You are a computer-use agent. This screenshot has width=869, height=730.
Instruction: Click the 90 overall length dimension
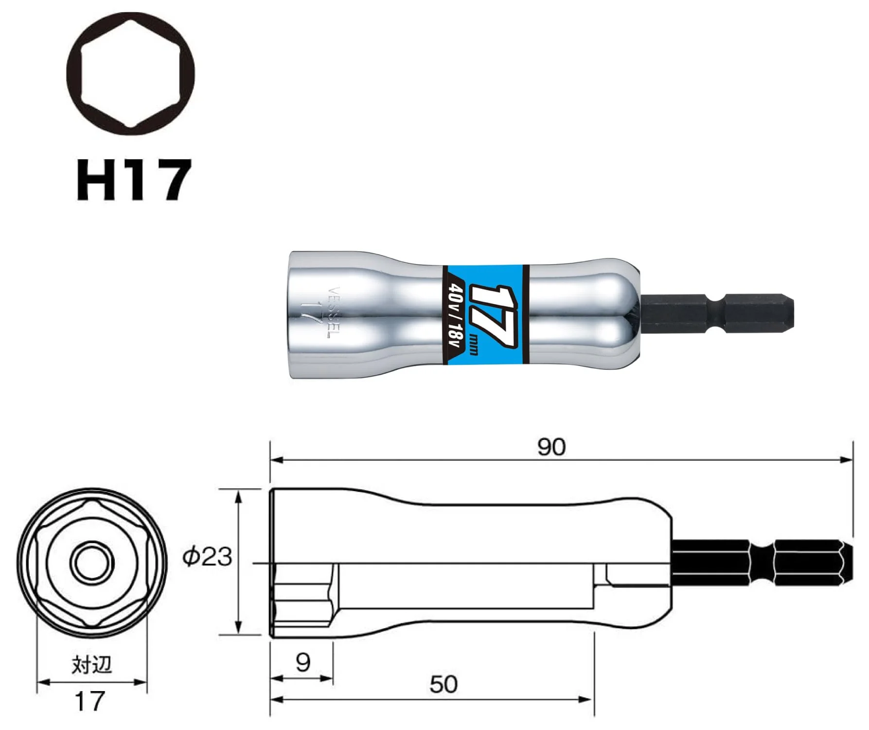click(x=551, y=447)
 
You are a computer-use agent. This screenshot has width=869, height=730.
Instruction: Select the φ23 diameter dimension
click(x=207, y=556)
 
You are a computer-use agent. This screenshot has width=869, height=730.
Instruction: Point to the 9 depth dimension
click(x=303, y=662)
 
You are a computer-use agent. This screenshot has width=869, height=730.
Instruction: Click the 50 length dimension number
click(x=443, y=684)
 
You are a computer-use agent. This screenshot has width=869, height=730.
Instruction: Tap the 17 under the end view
click(x=90, y=701)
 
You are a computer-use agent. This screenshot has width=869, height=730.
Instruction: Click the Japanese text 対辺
click(x=92, y=665)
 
